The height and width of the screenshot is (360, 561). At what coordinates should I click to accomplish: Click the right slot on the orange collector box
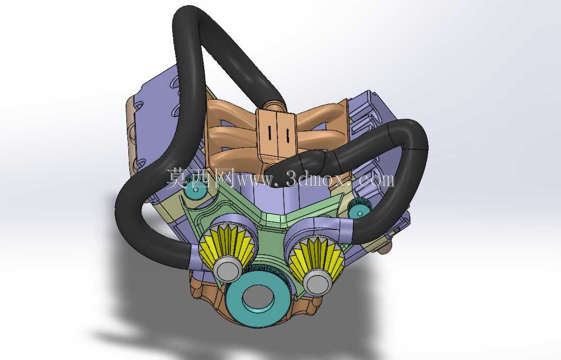click(x=287, y=134)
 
